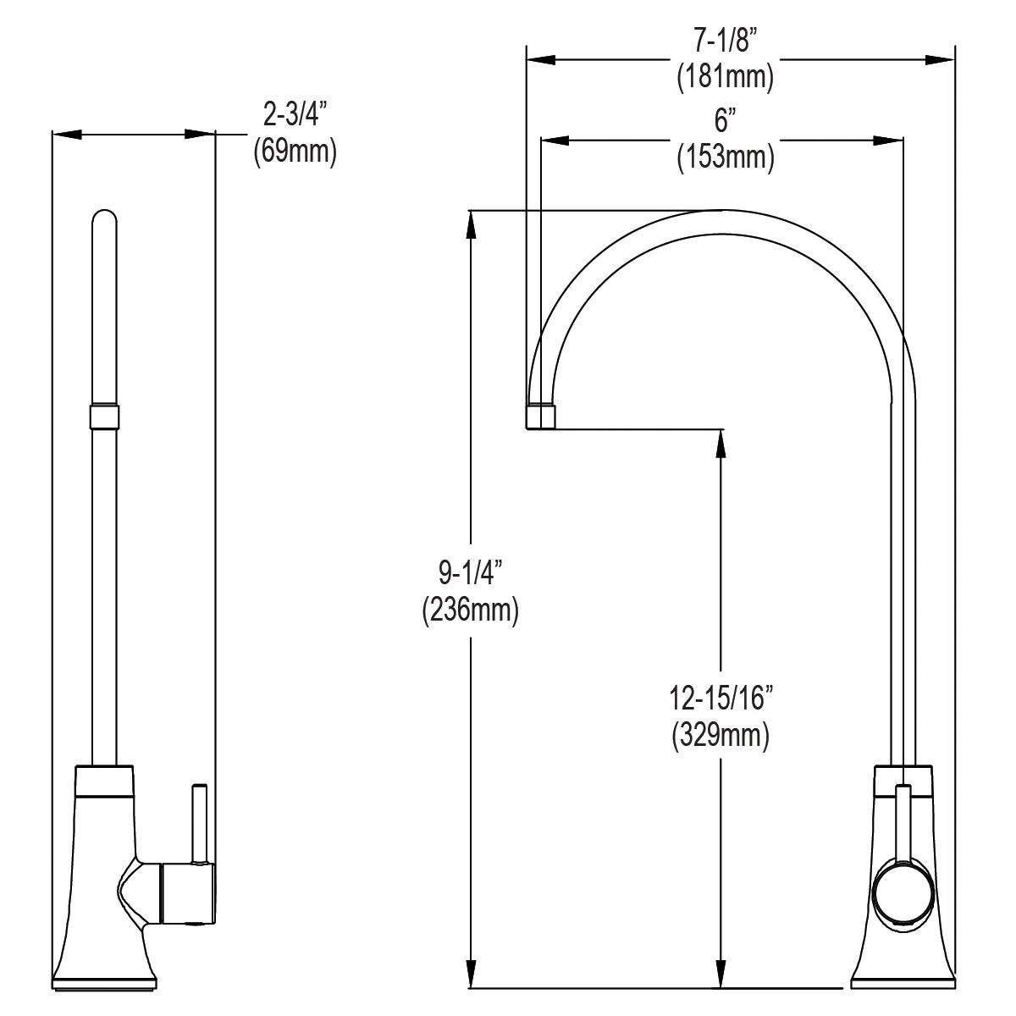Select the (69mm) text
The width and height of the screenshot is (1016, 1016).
[x=295, y=153]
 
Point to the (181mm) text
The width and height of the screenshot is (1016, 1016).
[x=725, y=78]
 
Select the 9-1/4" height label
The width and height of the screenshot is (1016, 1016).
[x=470, y=575]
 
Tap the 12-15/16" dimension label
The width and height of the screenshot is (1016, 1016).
[x=721, y=700]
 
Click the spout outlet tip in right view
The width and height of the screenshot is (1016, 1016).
[x=542, y=417]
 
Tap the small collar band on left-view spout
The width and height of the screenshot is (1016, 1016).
[x=103, y=417]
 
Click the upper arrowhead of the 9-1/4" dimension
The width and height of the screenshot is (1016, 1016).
[x=471, y=222]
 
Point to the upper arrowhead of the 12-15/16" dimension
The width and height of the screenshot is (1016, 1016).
[x=721, y=443]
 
